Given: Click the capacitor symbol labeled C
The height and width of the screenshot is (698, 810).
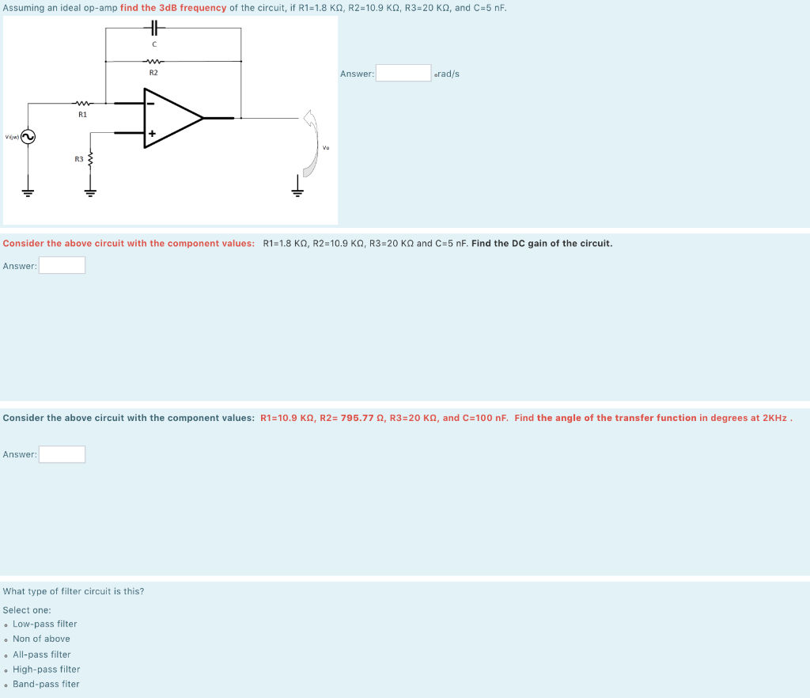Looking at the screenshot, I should coord(153,28).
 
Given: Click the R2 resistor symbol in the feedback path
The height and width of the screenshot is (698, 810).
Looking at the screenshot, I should coord(153,60).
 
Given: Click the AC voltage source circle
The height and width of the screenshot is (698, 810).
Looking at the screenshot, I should coord(27,137).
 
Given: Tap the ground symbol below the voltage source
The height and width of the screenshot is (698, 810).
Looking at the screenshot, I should coord(27,191).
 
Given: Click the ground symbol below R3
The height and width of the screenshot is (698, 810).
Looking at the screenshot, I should coord(90,191).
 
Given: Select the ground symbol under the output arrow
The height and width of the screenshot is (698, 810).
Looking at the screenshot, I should coord(298,190).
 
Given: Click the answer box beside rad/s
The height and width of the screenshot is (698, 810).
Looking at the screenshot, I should coord(403,74).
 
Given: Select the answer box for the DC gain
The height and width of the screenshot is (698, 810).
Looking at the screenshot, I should coord(62,266).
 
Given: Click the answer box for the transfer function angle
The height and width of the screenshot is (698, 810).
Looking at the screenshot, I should coord(62,454).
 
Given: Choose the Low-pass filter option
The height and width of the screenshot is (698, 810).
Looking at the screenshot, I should coord(44,624).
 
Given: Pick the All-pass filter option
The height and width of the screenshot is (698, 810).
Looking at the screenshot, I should coord(41,654).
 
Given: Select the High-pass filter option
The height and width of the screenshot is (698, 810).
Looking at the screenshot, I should coord(46,669).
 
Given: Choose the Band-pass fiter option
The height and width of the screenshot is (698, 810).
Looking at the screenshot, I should coord(46,684).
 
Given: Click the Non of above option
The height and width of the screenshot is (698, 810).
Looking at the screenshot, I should coord(41,639).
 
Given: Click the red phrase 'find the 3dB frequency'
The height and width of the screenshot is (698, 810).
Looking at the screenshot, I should coord(173,8).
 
